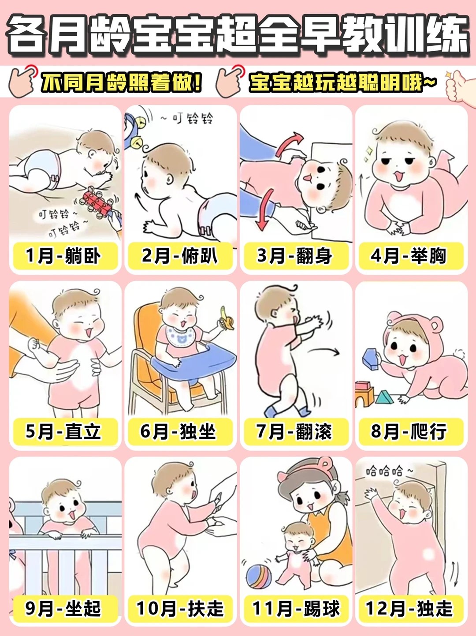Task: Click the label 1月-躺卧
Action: (63, 256)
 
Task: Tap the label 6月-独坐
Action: (179, 431)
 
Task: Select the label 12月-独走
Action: (409, 609)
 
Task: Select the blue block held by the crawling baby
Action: (371, 358)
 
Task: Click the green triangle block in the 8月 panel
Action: (384, 398)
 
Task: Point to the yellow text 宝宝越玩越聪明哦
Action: (342, 82)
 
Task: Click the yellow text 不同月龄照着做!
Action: (121, 82)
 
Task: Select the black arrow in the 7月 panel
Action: (324, 351)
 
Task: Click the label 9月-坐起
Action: (63, 609)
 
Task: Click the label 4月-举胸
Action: (409, 256)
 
